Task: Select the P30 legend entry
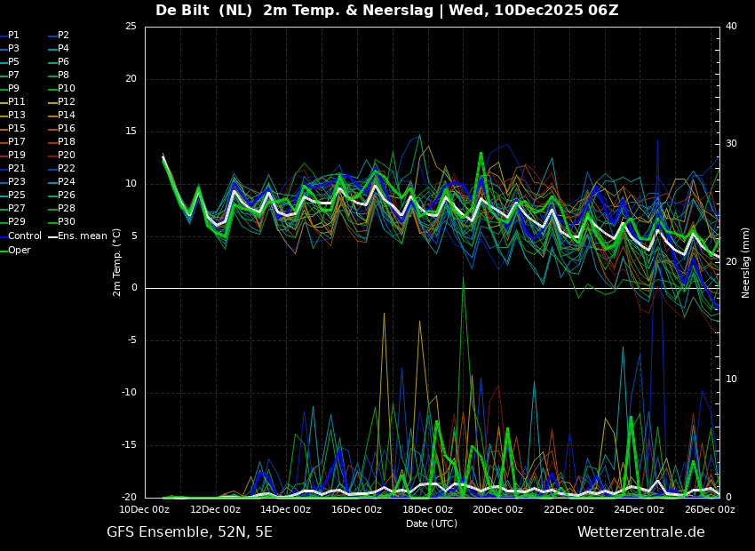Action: pos(67,221)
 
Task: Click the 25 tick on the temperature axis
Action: pos(131,26)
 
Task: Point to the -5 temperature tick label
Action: pos(131,340)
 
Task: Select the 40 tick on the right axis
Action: pos(731,26)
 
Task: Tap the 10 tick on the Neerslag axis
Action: pos(731,379)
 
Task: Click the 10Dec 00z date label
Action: pos(145,509)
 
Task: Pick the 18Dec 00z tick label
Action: pos(427,509)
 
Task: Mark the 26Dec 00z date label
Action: pos(710,509)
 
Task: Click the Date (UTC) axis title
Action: pos(432,523)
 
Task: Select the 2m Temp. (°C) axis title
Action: pos(117,262)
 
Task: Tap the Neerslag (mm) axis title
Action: pos(745,263)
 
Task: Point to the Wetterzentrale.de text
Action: pos(641,532)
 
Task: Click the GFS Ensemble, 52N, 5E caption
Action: pos(190,532)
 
